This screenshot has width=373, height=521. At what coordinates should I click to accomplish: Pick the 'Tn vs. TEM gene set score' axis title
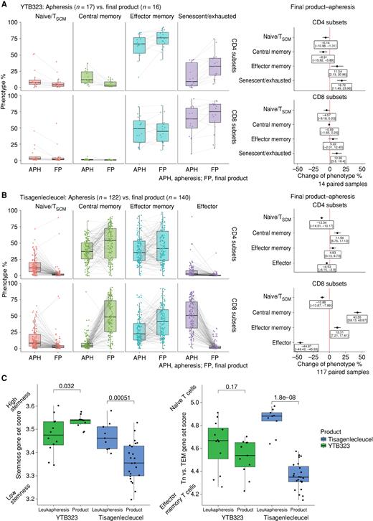tap(195, 449)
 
